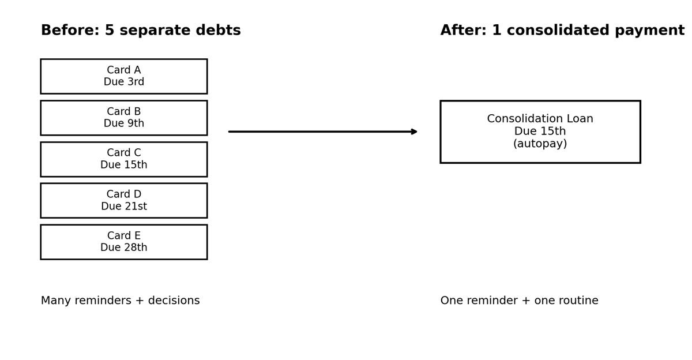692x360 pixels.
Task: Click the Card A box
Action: click(x=123, y=76)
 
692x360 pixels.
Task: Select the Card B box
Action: click(x=123, y=118)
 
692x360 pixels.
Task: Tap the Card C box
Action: click(x=123, y=159)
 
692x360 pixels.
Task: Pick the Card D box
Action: click(x=123, y=200)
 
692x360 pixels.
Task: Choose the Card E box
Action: click(x=123, y=242)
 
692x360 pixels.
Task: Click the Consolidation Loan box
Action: click(x=540, y=132)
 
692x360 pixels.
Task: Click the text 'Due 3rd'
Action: click(x=123, y=82)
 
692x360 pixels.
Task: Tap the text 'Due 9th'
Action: click(x=123, y=124)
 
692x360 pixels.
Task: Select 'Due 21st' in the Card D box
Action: click(x=123, y=207)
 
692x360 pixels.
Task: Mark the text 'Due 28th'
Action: click(x=123, y=248)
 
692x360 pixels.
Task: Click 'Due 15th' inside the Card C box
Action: click(x=123, y=166)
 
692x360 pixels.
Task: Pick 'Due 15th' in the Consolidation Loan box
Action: click(x=540, y=132)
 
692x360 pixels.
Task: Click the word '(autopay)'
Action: click(x=540, y=144)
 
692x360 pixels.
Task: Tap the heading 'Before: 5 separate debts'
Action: click(x=141, y=31)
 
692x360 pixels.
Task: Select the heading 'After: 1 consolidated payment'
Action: click(x=562, y=31)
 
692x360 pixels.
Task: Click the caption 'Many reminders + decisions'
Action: click(x=120, y=301)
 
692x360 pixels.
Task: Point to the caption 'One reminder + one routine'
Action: click(x=519, y=301)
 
